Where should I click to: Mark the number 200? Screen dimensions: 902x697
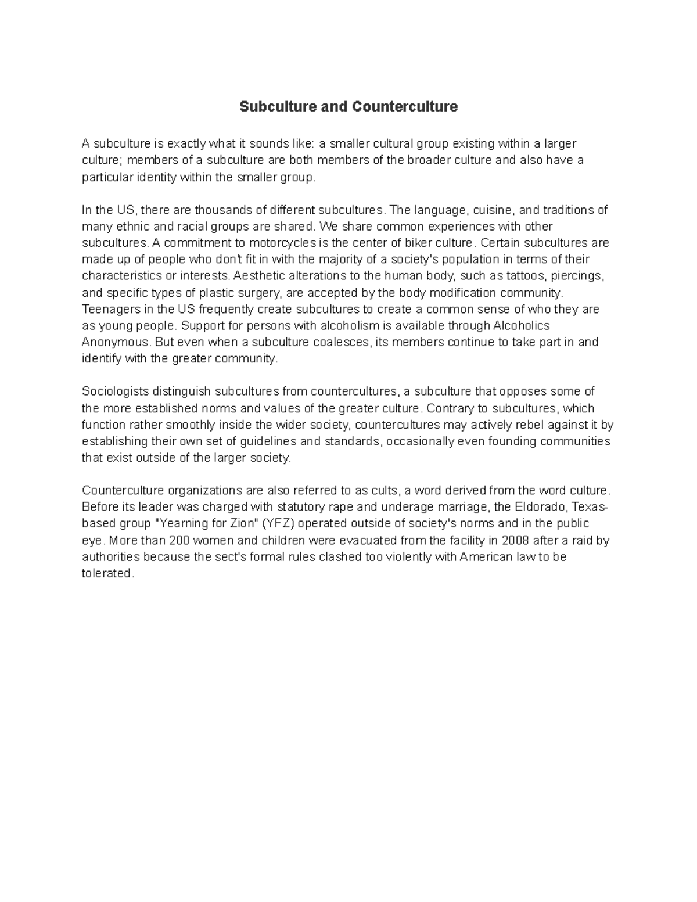(184, 541)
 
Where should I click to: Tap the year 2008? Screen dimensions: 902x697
(515, 541)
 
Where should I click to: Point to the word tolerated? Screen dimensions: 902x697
(107, 574)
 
